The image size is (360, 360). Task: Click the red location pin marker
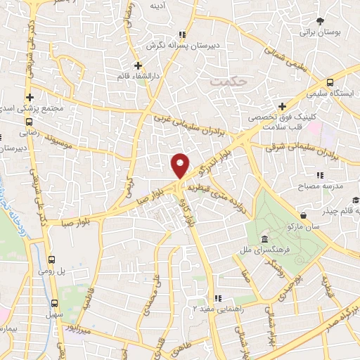click(181, 165)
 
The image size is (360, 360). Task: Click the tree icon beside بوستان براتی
click(321, 21)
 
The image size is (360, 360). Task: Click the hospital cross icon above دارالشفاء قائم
click(139, 65)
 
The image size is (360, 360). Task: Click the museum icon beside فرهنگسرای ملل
click(264, 238)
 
